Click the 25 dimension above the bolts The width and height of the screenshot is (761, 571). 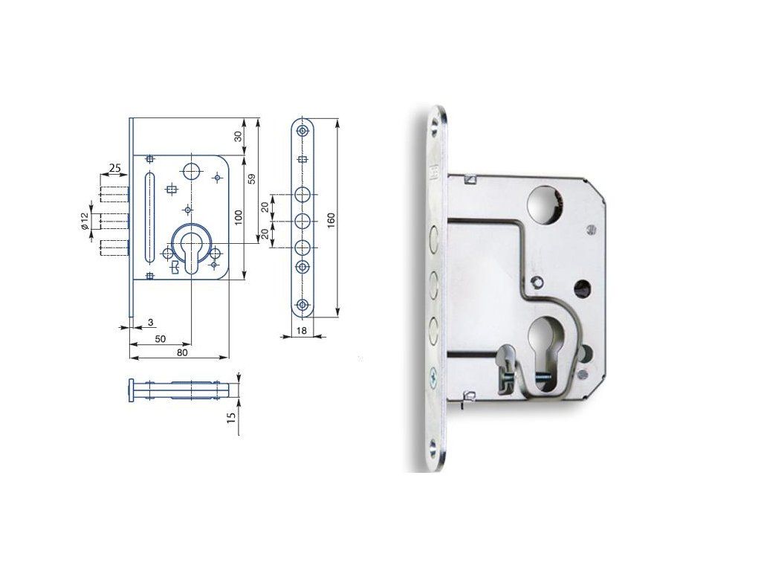click(x=114, y=169)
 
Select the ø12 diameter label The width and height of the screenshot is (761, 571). click(x=85, y=221)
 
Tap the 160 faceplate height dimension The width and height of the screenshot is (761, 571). click(x=331, y=221)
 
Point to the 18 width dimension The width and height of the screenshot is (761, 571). click(x=302, y=331)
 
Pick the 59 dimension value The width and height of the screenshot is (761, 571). click(x=251, y=178)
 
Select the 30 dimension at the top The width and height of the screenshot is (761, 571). click(x=239, y=137)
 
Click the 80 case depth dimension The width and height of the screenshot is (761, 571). click(x=182, y=353)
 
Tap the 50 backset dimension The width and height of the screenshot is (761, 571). click(x=161, y=339)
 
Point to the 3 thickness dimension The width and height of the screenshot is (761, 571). click(x=150, y=323)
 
